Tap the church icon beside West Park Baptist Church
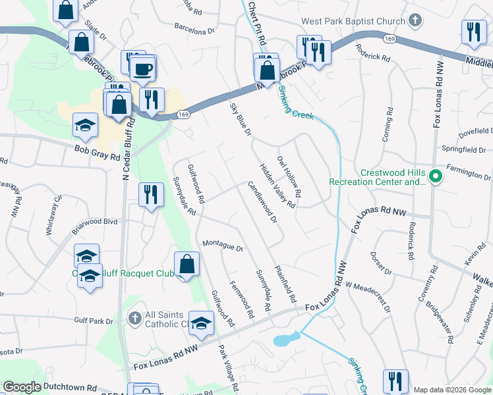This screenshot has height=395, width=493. [415, 22]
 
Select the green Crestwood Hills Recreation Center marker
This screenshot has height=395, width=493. [435, 176]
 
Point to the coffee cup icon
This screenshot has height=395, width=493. [142, 68]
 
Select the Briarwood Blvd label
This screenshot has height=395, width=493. [94, 222]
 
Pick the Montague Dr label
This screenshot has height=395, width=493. [223, 246]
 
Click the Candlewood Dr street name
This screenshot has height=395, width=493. [263, 202]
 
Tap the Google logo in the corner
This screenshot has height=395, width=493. [22, 387]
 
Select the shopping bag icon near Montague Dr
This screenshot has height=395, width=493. [187, 264]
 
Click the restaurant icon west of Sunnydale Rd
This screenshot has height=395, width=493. [152, 195]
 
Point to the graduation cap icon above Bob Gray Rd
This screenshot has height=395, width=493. [85, 127]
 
